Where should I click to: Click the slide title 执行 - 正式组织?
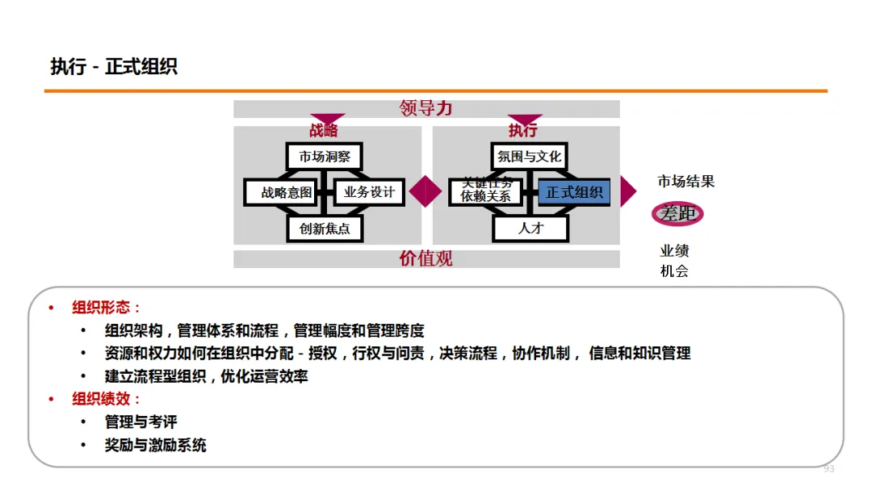pos(114,67)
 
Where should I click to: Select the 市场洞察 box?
pos(325,156)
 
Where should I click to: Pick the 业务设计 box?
pos(369,192)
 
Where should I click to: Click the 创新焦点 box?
pos(325,229)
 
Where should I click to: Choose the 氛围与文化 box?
pos(530,156)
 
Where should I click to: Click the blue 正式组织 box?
pos(574,192)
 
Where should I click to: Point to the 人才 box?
pos(530,229)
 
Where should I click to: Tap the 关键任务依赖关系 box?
pos(486,191)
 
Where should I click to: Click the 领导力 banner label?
pos(426,108)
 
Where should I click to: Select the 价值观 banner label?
pos(426,258)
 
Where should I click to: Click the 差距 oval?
pos(678,214)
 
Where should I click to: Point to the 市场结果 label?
pos(685,181)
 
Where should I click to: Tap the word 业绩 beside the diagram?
pos(674,251)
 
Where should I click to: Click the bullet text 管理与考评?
pos(140,422)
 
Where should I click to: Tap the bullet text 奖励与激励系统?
pos(156,445)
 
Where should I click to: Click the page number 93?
pos(828,469)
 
